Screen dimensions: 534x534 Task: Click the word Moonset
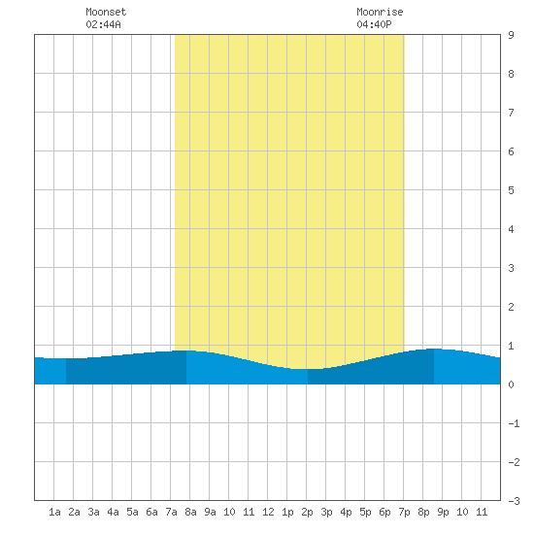[x=106, y=12]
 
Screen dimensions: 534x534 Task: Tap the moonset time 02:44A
[x=103, y=24]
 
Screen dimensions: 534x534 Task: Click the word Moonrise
[x=380, y=12]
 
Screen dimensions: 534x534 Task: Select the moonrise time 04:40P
[x=374, y=24]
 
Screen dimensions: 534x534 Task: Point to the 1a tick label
[x=54, y=512]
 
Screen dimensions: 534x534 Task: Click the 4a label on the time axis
[x=113, y=512]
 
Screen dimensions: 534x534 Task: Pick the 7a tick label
[x=171, y=512]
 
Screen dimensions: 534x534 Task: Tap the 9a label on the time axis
[x=210, y=512]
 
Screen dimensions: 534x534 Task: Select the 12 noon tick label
[x=268, y=512]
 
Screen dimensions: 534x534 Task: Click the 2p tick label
[x=307, y=512]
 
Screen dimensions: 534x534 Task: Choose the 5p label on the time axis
[x=365, y=512]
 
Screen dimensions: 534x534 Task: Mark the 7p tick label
[x=404, y=512]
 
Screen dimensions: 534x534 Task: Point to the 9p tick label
[x=443, y=512]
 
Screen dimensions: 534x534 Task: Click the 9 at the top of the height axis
[x=511, y=35]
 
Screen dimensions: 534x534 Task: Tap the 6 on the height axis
[x=511, y=151]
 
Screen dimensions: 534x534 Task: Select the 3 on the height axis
[x=511, y=268]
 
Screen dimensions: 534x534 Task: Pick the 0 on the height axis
[x=511, y=384]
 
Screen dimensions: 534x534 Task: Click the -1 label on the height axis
[x=514, y=423]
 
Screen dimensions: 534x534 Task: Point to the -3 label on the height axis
[x=514, y=501]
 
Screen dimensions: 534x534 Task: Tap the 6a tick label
[x=151, y=512]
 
